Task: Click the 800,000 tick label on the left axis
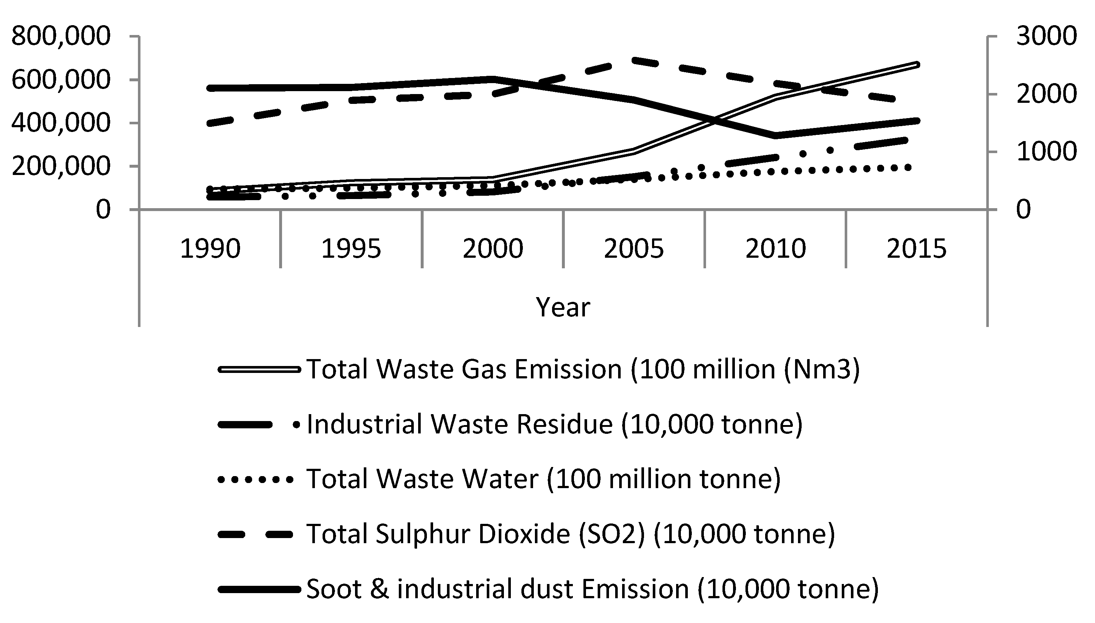click(x=61, y=36)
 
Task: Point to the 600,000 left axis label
click(x=61, y=80)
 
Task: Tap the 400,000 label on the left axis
click(x=61, y=123)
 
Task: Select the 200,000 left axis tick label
click(x=61, y=166)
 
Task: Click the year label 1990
click(x=210, y=249)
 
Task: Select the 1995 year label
click(x=351, y=249)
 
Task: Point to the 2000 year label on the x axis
click(x=493, y=249)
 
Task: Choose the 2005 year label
click(x=634, y=249)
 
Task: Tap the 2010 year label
click(x=775, y=249)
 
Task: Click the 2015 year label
click(x=917, y=249)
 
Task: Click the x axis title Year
click(x=563, y=307)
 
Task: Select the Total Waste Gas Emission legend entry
click(x=582, y=369)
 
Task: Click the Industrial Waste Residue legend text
click(x=554, y=424)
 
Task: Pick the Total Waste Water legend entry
click(x=543, y=479)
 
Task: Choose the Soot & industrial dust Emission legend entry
click(x=592, y=589)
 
